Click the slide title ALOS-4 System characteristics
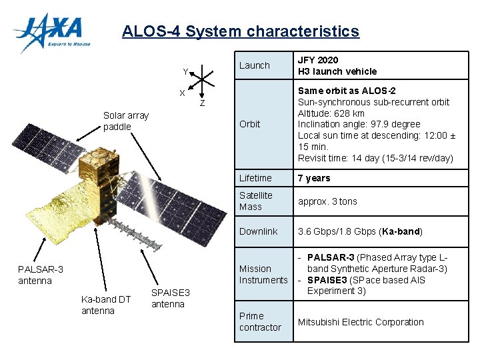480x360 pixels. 240,31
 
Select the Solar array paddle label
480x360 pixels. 126,121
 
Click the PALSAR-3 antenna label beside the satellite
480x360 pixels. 41,275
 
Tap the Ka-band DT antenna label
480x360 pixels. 106,305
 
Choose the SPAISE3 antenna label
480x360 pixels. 171,299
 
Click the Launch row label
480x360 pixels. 255,65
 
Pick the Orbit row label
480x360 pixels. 250,124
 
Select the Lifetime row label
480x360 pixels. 255,178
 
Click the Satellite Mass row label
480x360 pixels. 256,201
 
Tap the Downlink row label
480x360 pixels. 258,231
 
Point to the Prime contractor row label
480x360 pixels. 260,321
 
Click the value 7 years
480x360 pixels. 314,178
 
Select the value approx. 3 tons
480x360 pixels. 327,201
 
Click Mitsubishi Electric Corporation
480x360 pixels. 361,322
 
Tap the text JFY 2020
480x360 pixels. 318,60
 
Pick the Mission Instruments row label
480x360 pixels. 263,274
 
